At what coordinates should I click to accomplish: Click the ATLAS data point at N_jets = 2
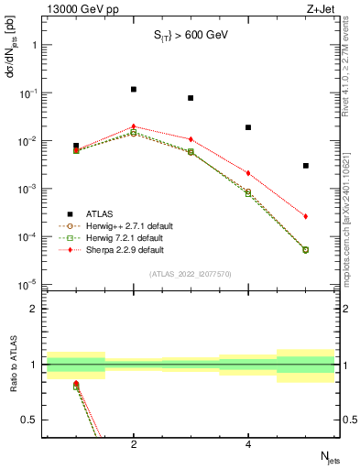134,90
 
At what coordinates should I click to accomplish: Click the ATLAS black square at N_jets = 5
306,166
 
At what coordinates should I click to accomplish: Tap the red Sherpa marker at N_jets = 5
306,216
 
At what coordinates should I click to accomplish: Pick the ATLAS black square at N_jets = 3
191,98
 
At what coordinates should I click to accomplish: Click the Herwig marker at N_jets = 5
306,249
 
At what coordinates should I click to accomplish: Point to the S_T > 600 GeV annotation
191,36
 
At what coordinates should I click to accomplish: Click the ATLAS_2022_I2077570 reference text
191,273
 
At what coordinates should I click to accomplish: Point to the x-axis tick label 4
248,444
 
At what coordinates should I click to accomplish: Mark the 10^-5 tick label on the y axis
29,285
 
